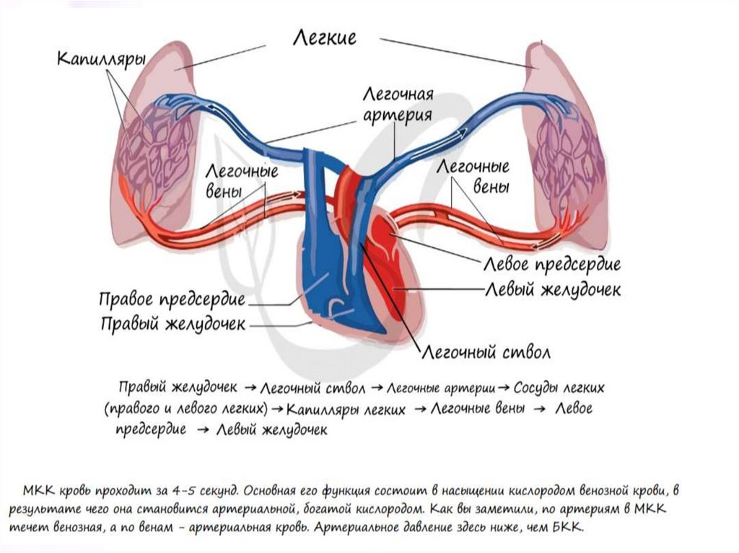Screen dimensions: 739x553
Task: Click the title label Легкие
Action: (324, 37)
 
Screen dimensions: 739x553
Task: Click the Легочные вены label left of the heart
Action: (242, 182)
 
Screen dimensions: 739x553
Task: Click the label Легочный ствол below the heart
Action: (486, 353)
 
